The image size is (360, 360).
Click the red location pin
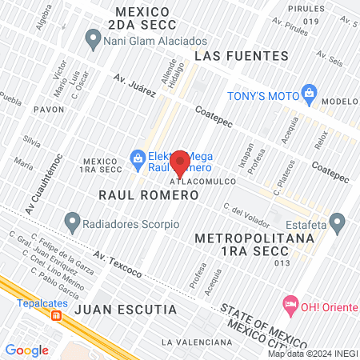180,162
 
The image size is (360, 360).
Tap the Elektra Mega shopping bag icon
138,158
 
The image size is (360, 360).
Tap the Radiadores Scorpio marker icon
73,219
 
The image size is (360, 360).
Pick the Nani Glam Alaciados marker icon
94,37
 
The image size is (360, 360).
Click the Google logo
26,350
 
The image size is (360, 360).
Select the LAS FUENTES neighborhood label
241,56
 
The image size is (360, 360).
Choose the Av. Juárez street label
134,86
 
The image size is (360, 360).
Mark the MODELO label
341,102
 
